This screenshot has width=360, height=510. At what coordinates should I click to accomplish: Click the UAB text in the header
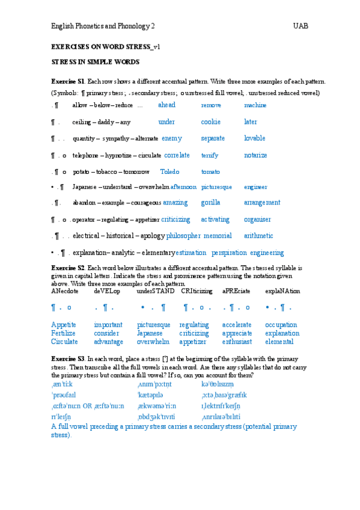tap(301, 26)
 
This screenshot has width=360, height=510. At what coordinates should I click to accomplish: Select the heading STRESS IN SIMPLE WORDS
tap(95, 62)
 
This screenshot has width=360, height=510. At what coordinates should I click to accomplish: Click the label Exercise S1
tap(67, 81)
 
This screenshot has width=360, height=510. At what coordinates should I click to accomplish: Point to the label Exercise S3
tap(67, 358)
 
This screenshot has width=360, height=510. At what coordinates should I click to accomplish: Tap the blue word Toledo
tap(170, 171)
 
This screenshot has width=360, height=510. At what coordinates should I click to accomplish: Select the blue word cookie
tap(210, 121)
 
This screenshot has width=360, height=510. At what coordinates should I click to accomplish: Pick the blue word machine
tap(255, 105)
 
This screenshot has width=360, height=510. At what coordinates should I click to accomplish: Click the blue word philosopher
tap(183, 236)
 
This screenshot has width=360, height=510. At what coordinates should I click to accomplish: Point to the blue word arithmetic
tap(258, 236)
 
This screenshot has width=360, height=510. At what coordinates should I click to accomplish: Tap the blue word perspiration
tap(228, 253)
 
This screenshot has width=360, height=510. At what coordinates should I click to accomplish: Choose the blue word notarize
tap(255, 155)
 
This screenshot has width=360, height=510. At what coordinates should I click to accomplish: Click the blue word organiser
tap(257, 220)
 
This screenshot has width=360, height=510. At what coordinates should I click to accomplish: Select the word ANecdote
tap(65, 291)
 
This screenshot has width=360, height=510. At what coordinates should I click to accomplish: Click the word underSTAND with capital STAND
tap(156, 291)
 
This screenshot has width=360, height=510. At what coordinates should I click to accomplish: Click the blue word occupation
tap(281, 325)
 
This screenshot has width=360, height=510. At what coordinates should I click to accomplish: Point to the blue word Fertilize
tap(63, 333)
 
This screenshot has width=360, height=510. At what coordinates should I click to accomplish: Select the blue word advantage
tap(109, 342)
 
